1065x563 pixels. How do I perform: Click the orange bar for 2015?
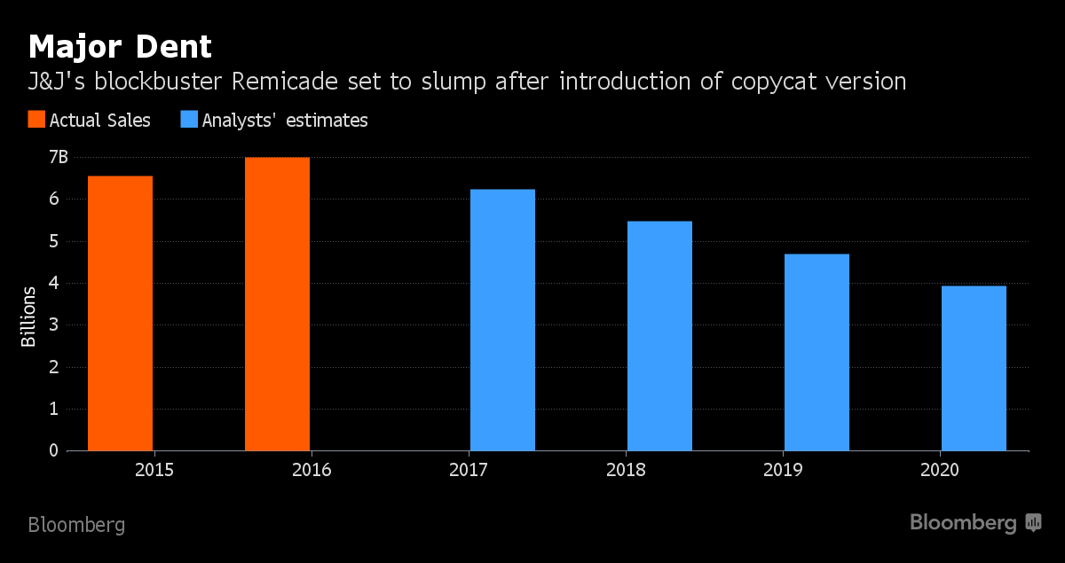click(120, 313)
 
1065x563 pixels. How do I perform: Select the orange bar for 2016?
click(277, 304)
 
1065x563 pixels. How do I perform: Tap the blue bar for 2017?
click(502, 320)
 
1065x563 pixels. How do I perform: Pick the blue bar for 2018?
click(659, 336)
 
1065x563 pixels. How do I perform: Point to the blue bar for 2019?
click(816, 353)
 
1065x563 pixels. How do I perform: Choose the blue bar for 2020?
click(974, 368)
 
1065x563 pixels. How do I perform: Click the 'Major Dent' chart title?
click(120, 46)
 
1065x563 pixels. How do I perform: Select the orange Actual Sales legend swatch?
click(35, 120)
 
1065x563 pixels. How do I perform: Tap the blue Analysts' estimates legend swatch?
click(188, 120)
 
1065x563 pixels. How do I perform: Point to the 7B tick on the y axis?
click(58, 158)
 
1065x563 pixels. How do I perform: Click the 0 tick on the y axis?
click(52, 450)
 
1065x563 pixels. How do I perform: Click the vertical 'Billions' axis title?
click(29, 317)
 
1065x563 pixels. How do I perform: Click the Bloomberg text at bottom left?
click(76, 525)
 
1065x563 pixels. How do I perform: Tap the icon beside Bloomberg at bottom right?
click(1033, 523)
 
